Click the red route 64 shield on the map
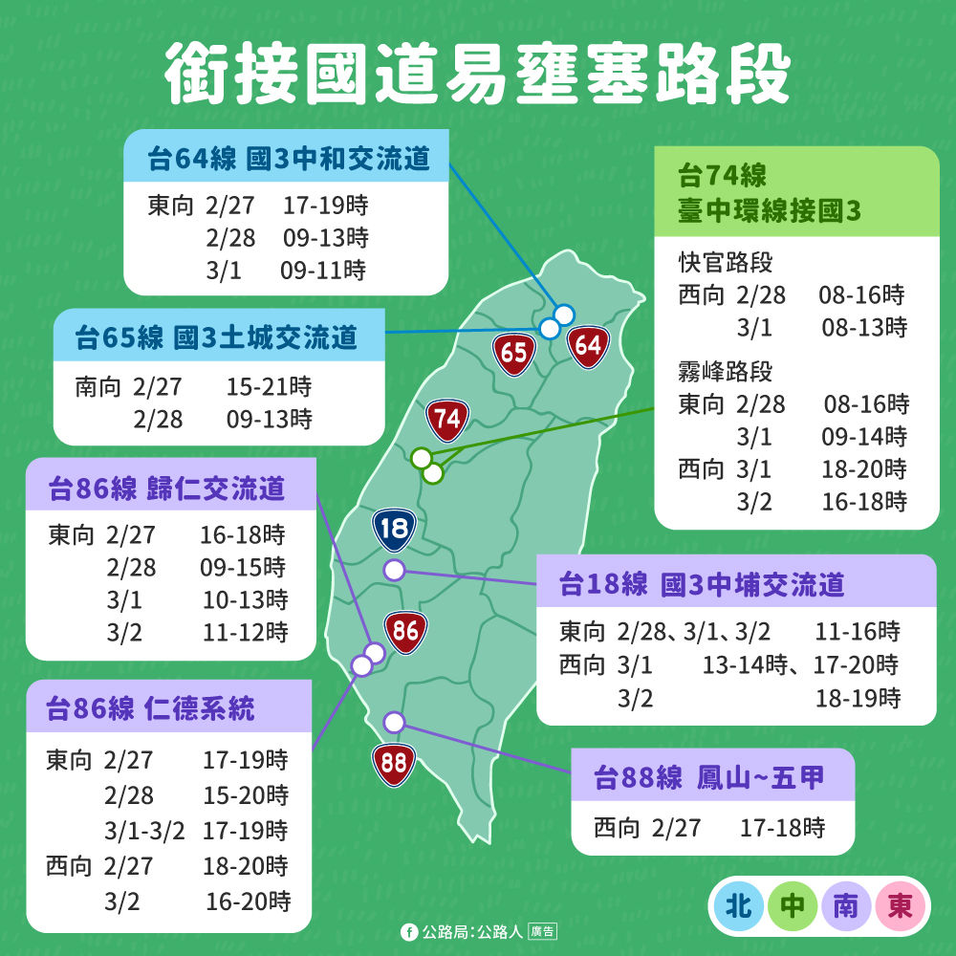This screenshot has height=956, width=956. (x=588, y=345)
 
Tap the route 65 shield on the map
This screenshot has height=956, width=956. (x=514, y=353)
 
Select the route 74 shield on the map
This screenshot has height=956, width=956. (x=446, y=419)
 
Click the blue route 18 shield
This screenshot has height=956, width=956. (x=394, y=529)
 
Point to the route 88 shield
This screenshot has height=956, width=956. (x=393, y=763)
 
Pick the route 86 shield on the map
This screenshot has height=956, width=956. (x=405, y=631)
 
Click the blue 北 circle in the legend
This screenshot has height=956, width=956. (x=738, y=904)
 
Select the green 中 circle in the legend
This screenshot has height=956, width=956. (x=793, y=904)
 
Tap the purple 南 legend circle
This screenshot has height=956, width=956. (x=846, y=904)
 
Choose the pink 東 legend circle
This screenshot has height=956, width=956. (x=900, y=904)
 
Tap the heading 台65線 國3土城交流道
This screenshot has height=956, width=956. (x=217, y=337)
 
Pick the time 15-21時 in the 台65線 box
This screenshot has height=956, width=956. (x=269, y=387)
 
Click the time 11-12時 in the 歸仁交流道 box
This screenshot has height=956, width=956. (x=245, y=632)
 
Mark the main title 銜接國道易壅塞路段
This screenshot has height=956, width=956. (x=478, y=72)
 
